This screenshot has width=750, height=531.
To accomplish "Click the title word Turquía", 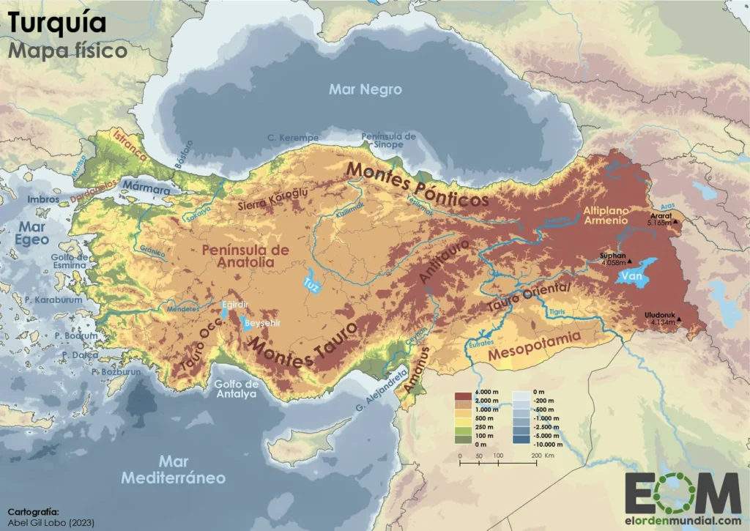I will point(57,23).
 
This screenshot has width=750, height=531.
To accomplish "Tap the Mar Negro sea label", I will point(365,89).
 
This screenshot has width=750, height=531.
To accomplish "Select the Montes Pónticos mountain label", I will point(417,185).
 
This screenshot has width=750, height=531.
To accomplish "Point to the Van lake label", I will point(631,277).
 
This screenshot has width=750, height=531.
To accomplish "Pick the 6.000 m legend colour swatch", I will point(463,396).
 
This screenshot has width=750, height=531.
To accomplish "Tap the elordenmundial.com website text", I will point(682,522).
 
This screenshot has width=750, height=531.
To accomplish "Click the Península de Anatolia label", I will point(245,256).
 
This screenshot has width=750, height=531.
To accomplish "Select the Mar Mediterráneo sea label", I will point(183,469).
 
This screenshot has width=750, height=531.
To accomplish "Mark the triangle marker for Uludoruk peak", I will point(680,319).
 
